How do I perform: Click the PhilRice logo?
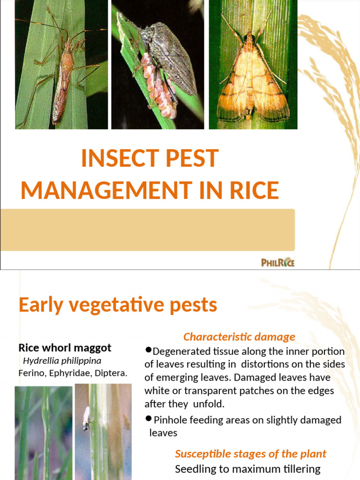[x=277, y=262]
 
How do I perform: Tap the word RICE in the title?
[x=253, y=190]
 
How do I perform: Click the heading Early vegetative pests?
[x=118, y=305]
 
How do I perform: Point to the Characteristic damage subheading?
[x=239, y=337]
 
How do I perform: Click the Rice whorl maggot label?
[x=65, y=348]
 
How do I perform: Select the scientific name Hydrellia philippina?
[x=62, y=361]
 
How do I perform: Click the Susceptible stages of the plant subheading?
[x=250, y=454]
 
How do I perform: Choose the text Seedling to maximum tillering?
[x=247, y=469]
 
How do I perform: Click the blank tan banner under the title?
[x=147, y=230]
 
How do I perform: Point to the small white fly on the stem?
[x=86, y=417]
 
